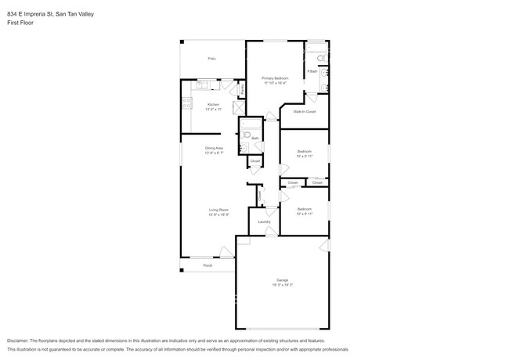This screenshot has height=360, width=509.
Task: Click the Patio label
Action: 211,59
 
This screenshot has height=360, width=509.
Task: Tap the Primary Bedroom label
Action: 275,78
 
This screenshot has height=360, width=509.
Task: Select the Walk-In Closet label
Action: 305,112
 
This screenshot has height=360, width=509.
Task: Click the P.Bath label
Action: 312,71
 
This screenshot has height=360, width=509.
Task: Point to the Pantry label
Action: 242,90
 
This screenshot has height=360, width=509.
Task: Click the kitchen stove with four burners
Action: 186,102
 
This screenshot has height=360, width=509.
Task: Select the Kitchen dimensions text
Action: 214,110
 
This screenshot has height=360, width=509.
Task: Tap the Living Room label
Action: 218,210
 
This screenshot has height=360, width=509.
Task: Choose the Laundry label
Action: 264,221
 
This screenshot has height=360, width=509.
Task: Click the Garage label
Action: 281,279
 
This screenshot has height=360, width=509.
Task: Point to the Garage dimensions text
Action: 281,285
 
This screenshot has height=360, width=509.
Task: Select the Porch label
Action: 208,265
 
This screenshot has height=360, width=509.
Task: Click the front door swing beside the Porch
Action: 226,252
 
